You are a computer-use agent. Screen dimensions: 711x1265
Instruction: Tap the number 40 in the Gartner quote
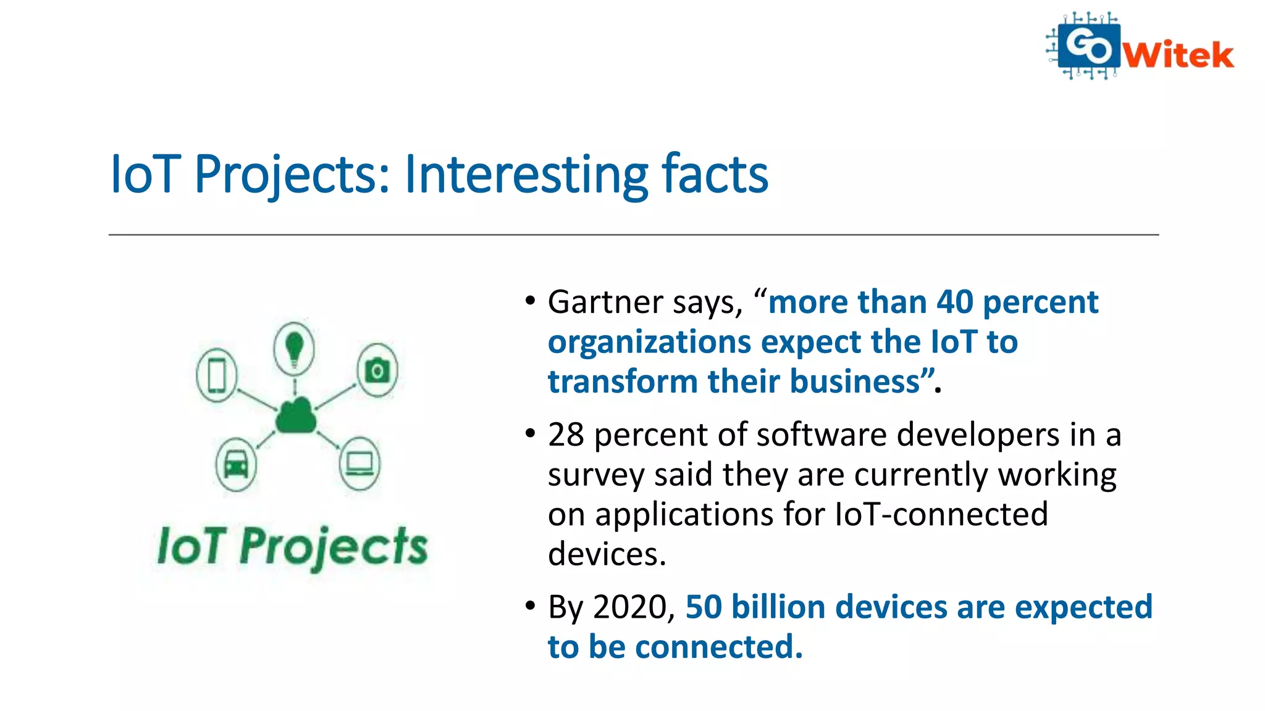click(954, 302)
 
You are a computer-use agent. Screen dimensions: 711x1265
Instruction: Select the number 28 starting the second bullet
click(566, 434)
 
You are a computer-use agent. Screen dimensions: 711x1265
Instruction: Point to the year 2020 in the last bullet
click(633, 607)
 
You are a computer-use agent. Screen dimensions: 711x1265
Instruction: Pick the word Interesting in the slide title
click(526, 175)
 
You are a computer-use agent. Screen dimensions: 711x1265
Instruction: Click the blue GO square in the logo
click(1088, 44)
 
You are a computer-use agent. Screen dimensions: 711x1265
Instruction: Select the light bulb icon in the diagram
click(294, 348)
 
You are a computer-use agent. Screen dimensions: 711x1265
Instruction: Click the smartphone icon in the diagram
click(217, 375)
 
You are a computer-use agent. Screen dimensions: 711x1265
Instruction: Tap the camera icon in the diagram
click(377, 370)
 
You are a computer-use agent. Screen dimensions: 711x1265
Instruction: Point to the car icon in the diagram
click(236, 464)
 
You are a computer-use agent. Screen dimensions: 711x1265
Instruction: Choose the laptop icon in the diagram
click(360, 464)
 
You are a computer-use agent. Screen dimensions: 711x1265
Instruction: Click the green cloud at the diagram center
click(296, 416)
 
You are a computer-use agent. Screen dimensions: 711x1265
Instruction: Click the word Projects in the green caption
click(333, 547)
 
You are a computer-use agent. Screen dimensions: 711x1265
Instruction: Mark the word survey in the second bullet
click(595, 475)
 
